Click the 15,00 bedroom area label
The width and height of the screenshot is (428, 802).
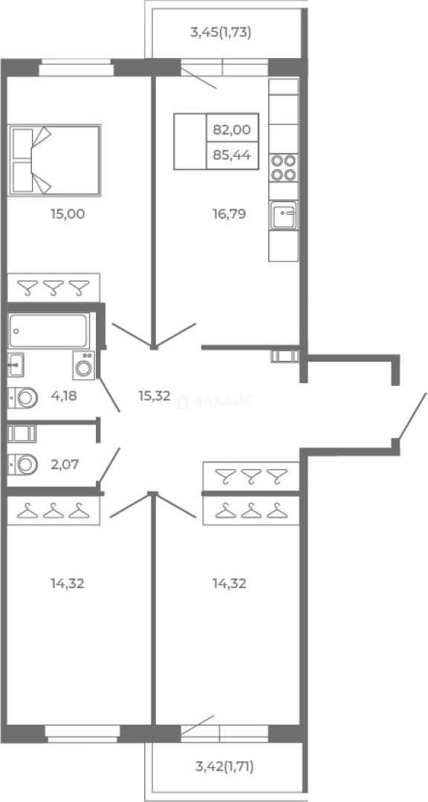pyautogui.click(x=68, y=214)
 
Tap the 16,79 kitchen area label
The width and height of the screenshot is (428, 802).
pyautogui.click(x=230, y=214)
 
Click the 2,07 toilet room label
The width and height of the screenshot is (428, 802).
pyautogui.click(x=65, y=465)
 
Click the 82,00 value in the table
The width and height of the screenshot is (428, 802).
pyautogui.click(x=232, y=130)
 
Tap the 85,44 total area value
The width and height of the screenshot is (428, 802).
pyautogui.click(x=232, y=155)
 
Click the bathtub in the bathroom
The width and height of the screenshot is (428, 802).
pyautogui.click(x=48, y=331)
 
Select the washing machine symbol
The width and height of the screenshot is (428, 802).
pyautogui.click(x=83, y=365)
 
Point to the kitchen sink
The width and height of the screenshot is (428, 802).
pyautogui.click(x=283, y=215)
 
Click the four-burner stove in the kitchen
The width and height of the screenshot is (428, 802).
pyautogui.click(x=284, y=168)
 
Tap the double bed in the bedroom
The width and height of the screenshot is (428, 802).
pyautogui.click(x=54, y=160)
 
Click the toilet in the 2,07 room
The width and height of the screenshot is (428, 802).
pyautogui.click(x=23, y=465)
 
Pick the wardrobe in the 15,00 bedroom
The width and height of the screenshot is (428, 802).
pyautogui.click(x=53, y=287)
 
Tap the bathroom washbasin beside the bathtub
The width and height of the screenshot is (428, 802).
pyautogui.click(x=16, y=365)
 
